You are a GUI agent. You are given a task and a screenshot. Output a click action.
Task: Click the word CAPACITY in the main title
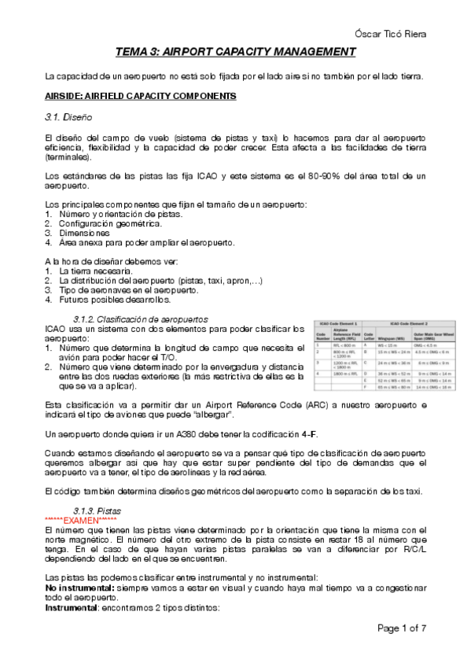click(x=238, y=53)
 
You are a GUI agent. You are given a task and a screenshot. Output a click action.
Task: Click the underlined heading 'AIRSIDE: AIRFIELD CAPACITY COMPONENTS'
click(x=139, y=96)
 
